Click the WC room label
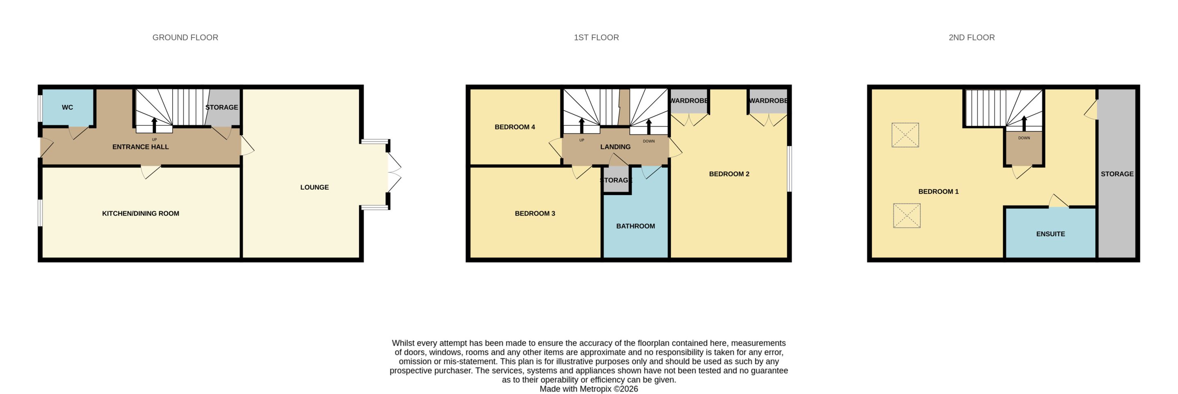click(x=67, y=107)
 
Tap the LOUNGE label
click(x=315, y=187)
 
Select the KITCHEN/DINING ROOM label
click(x=140, y=213)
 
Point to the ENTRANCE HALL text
click(x=140, y=147)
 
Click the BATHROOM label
click(x=635, y=226)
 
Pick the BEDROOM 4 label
click(x=515, y=127)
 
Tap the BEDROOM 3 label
click(x=535, y=213)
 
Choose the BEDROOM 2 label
click(x=729, y=174)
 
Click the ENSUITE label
click(x=1050, y=234)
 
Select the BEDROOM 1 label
click(x=938, y=191)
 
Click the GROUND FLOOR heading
click(x=185, y=38)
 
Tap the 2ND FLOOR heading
click(x=972, y=38)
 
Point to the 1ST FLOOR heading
click(x=596, y=38)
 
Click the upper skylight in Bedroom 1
click(x=905, y=135)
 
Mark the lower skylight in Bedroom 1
click(x=907, y=216)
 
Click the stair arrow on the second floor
click(x=1024, y=123)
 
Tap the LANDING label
click(x=615, y=147)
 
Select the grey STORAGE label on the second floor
click(x=1117, y=174)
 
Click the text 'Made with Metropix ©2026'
click(x=589, y=389)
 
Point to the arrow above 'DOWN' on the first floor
click(x=648, y=127)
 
